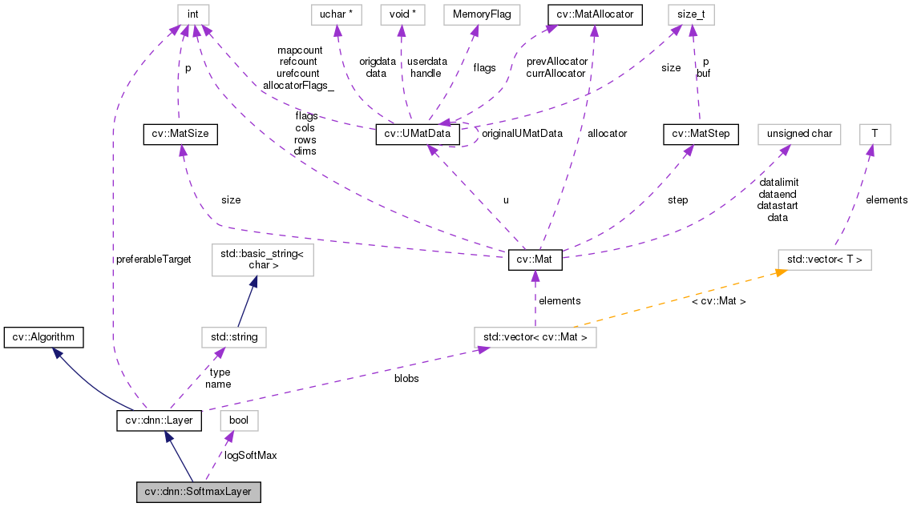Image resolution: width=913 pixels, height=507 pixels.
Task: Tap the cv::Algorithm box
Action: pos(43,337)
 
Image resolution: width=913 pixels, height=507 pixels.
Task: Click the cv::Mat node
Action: pos(535,260)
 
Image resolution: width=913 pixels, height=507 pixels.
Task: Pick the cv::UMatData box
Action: pos(418,135)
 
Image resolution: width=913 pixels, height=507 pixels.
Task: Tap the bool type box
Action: pos(239,420)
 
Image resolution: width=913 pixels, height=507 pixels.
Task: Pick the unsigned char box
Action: pos(799,135)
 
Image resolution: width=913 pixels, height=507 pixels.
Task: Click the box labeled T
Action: pos(875,135)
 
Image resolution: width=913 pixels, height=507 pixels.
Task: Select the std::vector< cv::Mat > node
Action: pos(535,337)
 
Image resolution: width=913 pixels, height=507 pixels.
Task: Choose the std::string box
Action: pos(233,337)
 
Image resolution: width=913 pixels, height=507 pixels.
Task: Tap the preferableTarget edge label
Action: pos(154,259)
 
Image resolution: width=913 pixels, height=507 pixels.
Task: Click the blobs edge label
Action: pos(406,378)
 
